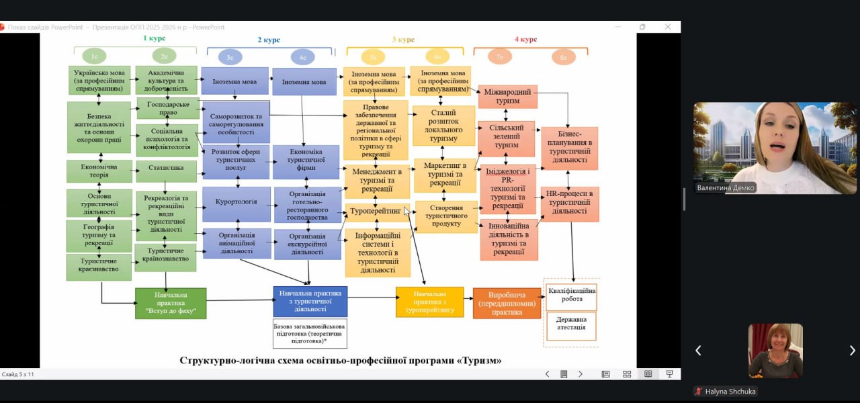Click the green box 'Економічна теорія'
pos(99,171)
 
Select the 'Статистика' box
pos(166,171)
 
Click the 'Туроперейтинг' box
pos(376,212)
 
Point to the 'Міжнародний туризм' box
pos(507,97)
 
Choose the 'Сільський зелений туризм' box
pos(506,138)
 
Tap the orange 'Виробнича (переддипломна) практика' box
pos(507,303)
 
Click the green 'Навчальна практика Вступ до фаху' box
pos(170,303)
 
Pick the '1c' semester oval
pos(95,56)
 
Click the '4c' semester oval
pos(302,57)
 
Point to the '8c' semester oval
pos(563,57)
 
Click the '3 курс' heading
pos(403,40)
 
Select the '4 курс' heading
pos(525,40)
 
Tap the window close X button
pos(668,27)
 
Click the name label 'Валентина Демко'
pos(725,188)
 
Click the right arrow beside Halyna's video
pos(852,350)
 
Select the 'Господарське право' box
pos(168,107)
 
